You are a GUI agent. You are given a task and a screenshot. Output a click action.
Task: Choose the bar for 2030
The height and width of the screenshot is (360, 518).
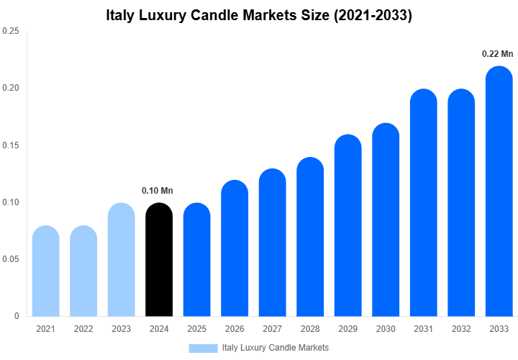pyautogui.click(x=386, y=220)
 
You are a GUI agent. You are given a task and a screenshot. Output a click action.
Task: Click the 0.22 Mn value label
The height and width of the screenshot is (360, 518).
pyautogui.click(x=498, y=54)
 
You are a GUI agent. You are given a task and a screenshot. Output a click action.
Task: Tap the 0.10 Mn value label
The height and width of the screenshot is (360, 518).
pyautogui.click(x=158, y=191)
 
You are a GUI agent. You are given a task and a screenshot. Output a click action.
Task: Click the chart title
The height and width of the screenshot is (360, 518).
pyautogui.click(x=258, y=15)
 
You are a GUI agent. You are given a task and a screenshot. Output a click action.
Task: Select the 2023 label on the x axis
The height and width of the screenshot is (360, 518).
pyautogui.click(x=122, y=329)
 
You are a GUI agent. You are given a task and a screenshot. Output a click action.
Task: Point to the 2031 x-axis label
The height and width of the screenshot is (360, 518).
pyautogui.click(x=424, y=329)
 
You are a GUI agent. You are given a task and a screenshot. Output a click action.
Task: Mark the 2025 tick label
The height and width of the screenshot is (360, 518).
pyautogui.click(x=197, y=329)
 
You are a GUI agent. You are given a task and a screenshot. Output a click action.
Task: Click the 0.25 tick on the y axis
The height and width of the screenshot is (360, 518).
pyautogui.click(x=11, y=32)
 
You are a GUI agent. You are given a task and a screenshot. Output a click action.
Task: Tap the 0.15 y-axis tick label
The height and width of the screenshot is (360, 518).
pyautogui.click(x=11, y=145)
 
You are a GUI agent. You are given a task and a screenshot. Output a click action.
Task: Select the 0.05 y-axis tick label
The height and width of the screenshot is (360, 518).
pyautogui.click(x=11, y=259)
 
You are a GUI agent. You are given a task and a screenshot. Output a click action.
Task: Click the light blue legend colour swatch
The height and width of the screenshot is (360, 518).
pyautogui.click(x=203, y=348)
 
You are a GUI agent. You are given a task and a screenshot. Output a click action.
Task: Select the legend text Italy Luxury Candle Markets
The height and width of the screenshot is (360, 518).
pyautogui.click(x=276, y=348)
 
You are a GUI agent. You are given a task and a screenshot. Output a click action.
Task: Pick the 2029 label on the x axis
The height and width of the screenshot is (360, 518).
pyautogui.click(x=348, y=329)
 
